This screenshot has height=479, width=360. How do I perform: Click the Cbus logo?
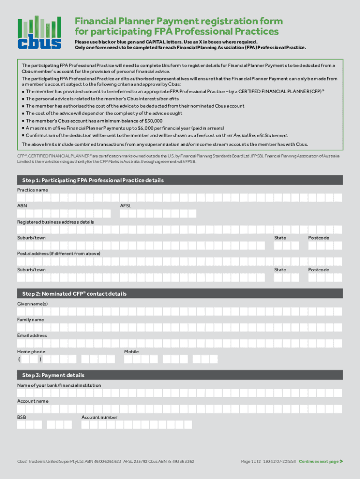click(x=39, y=33)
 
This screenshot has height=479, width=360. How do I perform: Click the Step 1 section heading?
click(x=93, y=180)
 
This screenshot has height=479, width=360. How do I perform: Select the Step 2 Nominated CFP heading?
click(x=74, y=294)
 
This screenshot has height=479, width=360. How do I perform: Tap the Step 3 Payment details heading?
click(x=53, y=375)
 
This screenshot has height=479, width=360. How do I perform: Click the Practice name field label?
click(x=32, y=190)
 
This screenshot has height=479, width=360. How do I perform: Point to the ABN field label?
click(x=22, y=206)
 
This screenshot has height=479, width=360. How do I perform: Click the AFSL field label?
click(x=126, y=206)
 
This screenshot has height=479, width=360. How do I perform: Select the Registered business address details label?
click(x=56, y=222)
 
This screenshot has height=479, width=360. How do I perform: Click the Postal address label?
click(x=58, y=254)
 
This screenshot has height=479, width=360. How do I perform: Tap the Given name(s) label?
click(x=32, y=304)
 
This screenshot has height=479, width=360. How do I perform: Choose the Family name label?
click(x=30, y=320)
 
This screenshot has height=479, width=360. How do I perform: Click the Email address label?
click(x=32, y=335)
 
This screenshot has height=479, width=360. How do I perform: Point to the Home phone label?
click(x=31, y=352)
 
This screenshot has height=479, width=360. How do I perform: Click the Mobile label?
click(x=131, y=352)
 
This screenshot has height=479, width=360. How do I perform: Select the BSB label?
click(x=22, y=417)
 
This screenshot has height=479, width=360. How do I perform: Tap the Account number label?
click(x=99, y=417)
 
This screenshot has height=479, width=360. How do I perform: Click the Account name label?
click(x=33, y=401)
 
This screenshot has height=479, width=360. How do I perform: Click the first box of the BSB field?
click(x=21, y=425)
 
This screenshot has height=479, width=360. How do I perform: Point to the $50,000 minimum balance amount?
click(x=152, y=121)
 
